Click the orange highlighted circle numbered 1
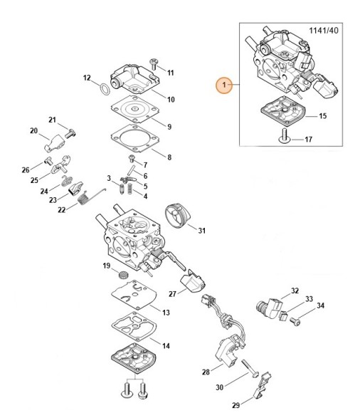point(224,85)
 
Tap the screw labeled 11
point(153,64)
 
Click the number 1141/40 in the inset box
point(324,31)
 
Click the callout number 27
point(172,293)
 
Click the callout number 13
point(166,313)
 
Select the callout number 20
point(33,130)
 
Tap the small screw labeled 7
point(132,159)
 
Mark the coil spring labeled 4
point(129,189)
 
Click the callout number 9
point(169,127)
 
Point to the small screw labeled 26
point(48,160)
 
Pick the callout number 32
point(295,291)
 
